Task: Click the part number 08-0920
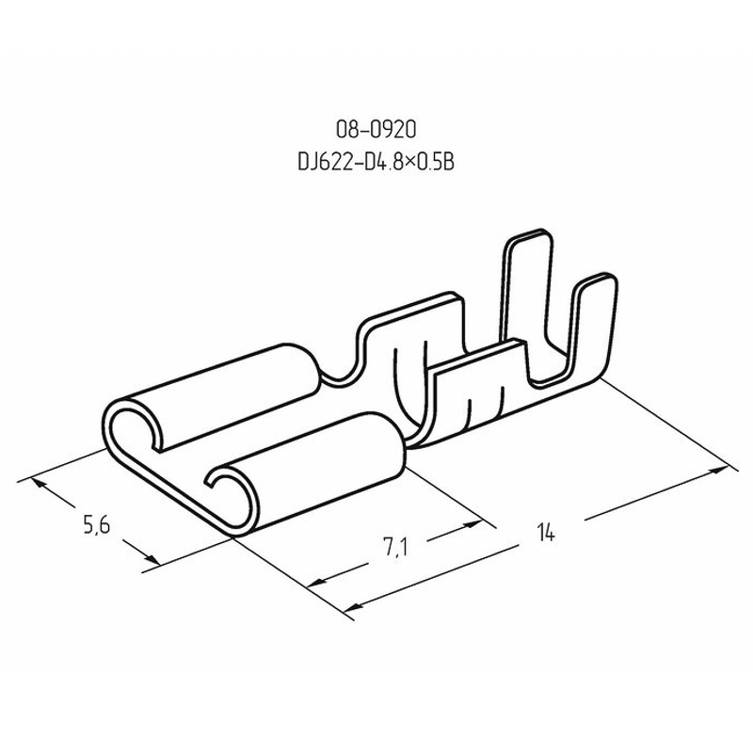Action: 376,130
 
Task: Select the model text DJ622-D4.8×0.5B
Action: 376,162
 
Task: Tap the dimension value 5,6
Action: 97,524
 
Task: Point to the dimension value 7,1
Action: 395,548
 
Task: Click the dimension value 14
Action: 546,533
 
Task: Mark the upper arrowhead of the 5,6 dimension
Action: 39,484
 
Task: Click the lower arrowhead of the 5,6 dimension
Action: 152,559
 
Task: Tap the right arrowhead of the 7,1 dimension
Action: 473,525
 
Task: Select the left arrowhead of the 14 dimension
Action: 356,611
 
